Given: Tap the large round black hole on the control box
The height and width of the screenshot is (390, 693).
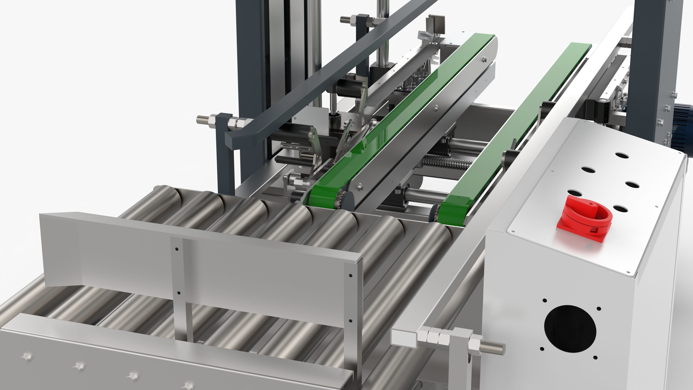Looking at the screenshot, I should pyautogui.click(x=570, y=329).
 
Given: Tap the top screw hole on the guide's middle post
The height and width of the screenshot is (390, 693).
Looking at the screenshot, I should pyautogui.click(x=176, y=249).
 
